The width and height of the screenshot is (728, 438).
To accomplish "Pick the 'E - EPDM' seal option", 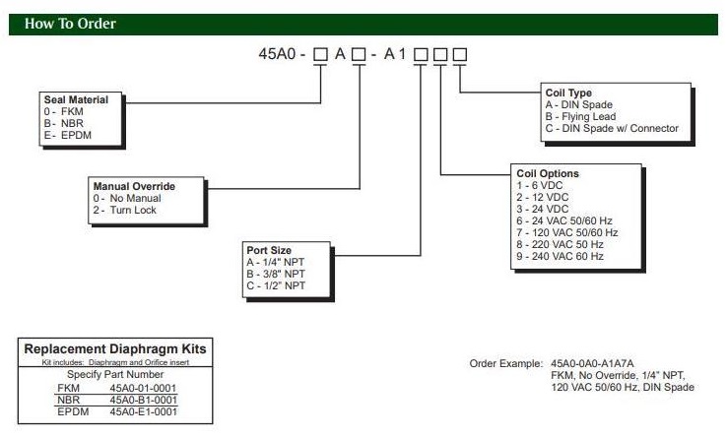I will tap(65, 134).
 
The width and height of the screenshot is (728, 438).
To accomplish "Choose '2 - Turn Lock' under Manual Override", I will tap(124, 210).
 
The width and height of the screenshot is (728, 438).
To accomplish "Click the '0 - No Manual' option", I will tap(126, 198).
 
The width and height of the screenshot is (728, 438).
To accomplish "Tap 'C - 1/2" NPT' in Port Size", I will tap(280, 284).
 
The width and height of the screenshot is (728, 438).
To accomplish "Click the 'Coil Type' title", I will tap(568, 94).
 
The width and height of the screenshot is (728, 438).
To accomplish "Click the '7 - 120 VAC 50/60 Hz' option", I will tap(567, 232).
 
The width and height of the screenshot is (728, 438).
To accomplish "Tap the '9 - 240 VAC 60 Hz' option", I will tap(561, 256).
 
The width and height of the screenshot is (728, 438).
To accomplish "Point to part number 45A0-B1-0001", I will tap(143, 401).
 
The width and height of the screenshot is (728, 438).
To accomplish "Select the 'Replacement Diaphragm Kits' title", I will tap(115, 349).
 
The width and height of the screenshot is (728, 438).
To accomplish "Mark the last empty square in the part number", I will tap(458, 55).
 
